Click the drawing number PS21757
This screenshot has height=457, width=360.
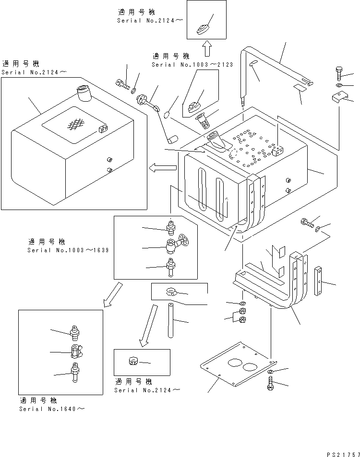[341, 454]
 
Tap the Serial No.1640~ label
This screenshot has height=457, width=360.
[52, 409]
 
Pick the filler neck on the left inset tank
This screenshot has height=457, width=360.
[83, 93]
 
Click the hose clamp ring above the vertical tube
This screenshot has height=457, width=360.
[171, 291]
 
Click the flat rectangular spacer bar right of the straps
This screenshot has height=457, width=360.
[318, 281]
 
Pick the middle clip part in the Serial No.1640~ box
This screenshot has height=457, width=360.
[76, 352]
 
